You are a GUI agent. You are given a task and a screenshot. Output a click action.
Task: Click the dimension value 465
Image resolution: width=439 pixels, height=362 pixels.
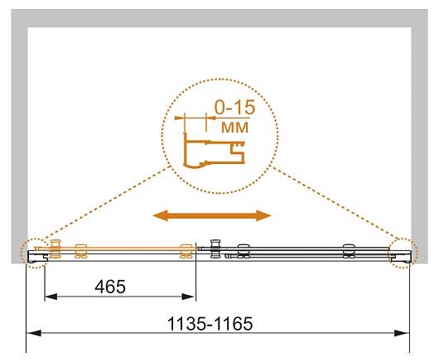pos(110,287)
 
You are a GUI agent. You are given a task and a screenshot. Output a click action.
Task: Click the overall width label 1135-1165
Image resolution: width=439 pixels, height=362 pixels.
pos(210,324)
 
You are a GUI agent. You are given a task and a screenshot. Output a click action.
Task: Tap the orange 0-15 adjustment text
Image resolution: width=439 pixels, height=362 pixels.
pos(235,107)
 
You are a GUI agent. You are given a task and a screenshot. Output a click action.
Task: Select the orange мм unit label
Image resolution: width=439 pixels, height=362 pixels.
pos(234,128)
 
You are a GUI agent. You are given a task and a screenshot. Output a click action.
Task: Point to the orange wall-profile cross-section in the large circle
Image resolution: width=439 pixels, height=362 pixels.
pos(214,152)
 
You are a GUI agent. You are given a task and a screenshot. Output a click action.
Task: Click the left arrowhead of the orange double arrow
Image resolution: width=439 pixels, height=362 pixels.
pos(160,215)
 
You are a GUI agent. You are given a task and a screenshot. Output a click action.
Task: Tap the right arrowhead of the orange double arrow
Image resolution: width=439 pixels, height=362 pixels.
pos(263,215)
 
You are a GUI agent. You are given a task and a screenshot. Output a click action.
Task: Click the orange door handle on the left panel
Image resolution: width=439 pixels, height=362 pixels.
pos(55,249)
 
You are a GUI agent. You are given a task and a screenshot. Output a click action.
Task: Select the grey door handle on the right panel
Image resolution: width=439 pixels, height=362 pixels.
pos(215,249)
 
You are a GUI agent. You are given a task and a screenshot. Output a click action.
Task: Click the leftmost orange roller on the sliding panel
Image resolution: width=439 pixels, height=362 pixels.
pos(80,251)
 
